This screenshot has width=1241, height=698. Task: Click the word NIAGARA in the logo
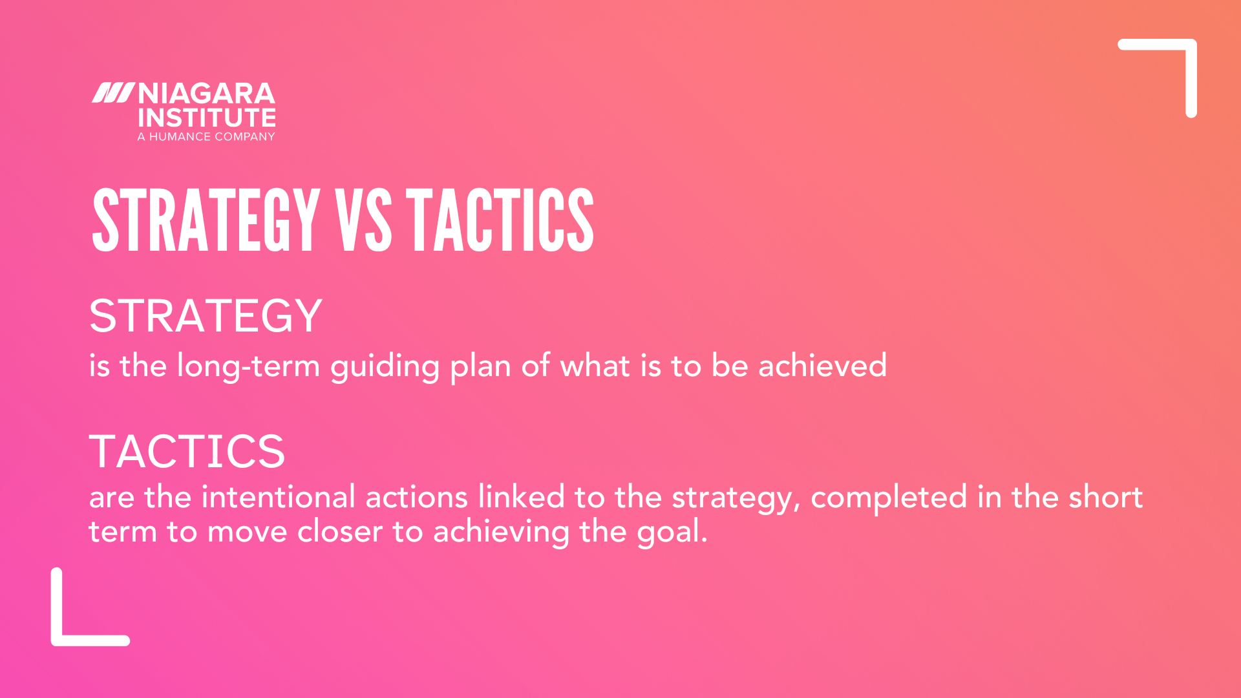[x=206, y=94]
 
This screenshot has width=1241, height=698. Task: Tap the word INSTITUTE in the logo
[x=206, y=118]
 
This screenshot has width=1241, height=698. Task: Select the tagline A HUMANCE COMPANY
[x=206, y=137]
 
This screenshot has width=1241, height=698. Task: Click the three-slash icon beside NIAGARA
[x=112, y=93]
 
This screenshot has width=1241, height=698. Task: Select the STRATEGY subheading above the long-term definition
[x=206, y=317]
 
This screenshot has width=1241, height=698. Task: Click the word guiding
[x=385, y=367]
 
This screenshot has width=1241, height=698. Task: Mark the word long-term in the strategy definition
[x=249, y=366]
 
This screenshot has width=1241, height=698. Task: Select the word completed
[x=889, y=498]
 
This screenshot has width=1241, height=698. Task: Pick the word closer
[x=340, y=532]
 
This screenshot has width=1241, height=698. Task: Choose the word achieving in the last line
[x=501, y=533]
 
